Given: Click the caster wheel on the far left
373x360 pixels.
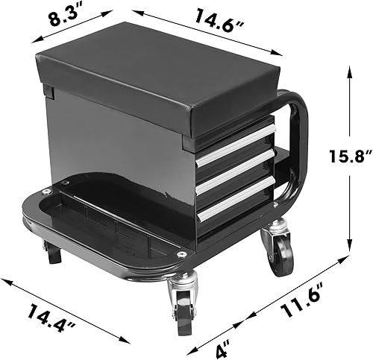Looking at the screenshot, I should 52,253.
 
